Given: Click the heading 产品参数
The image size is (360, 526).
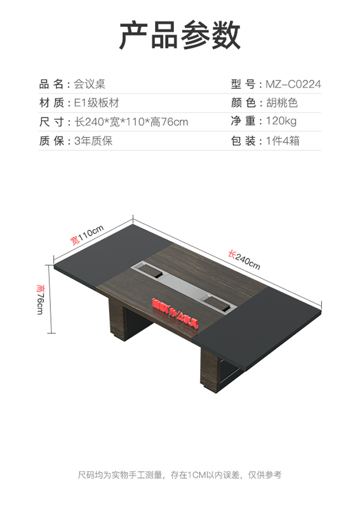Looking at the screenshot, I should click(x=180, y=36).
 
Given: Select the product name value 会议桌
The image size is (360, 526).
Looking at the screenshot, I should click(x=89, y=85).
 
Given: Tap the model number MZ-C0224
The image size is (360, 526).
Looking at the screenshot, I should click(x=293, y=85).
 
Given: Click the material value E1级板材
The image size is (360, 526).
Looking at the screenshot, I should click(x=96, y=103).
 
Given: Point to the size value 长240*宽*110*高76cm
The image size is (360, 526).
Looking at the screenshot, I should click(x=131, y=122).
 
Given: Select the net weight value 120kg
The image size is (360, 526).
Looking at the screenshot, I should click(x=281, y=122).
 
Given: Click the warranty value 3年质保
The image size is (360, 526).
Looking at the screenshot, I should click(x=94, y=141).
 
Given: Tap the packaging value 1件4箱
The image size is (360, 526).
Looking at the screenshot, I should click(x=283, y=141).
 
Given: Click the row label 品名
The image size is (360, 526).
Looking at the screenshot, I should click(x=51, y=85).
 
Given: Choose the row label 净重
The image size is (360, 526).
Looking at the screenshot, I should click(x=243, y=122).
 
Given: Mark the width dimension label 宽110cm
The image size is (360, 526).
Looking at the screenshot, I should click(x=87, y=236).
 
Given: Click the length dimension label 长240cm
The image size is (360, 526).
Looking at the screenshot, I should click(x=244, y=259).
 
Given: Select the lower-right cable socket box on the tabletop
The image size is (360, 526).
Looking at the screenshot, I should click(x=219, y=303).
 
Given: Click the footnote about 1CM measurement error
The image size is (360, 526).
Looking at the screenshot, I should click(x=180, y=475).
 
